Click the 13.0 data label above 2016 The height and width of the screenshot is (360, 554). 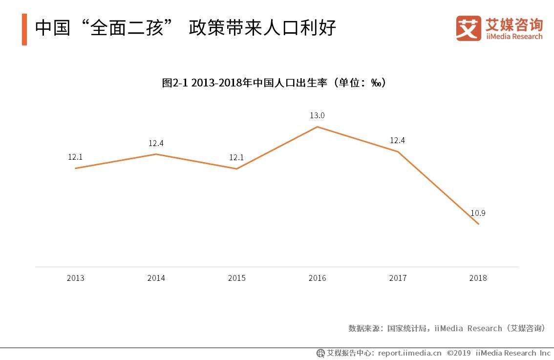317,116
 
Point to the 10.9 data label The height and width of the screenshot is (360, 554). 478,213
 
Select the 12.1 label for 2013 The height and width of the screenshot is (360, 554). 75,157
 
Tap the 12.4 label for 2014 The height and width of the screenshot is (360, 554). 156,143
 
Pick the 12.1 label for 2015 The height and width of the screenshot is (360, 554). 236,157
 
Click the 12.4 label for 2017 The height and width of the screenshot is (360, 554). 397,141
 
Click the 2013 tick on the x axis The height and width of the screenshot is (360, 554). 75,278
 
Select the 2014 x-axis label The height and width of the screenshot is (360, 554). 156,278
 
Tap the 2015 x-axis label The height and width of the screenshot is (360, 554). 236,278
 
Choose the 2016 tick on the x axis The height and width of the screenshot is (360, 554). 317,278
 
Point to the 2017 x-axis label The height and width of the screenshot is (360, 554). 398,278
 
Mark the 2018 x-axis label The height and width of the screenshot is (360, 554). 478,278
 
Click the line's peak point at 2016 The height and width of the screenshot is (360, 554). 318,127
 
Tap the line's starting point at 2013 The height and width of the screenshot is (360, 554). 75,169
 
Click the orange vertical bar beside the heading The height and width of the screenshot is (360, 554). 24,30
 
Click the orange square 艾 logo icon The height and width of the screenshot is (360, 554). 469,28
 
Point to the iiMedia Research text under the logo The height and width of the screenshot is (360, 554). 514,37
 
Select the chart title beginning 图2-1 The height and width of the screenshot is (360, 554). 274,83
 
